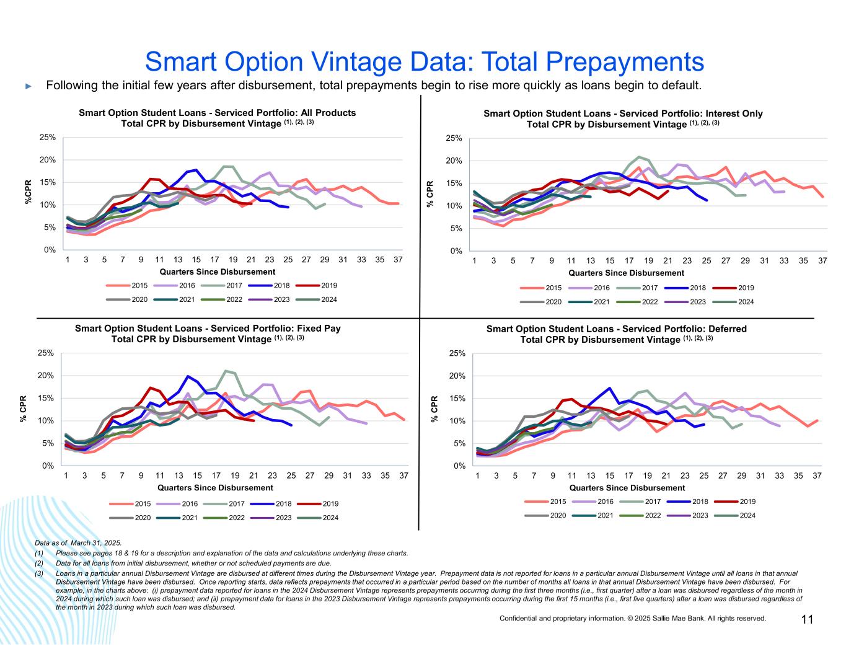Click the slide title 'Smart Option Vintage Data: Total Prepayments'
(x=424, y=61)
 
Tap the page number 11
(x=807, y=620)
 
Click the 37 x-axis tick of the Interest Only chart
(x=822, y=260)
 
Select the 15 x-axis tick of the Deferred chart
(x=609, y=475)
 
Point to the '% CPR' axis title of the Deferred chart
(x=434, y=410)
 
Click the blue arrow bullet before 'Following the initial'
(x=28, y=86)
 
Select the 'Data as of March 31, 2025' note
(x=78, y=543)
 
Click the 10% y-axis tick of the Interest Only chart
(x=457, y=206)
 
